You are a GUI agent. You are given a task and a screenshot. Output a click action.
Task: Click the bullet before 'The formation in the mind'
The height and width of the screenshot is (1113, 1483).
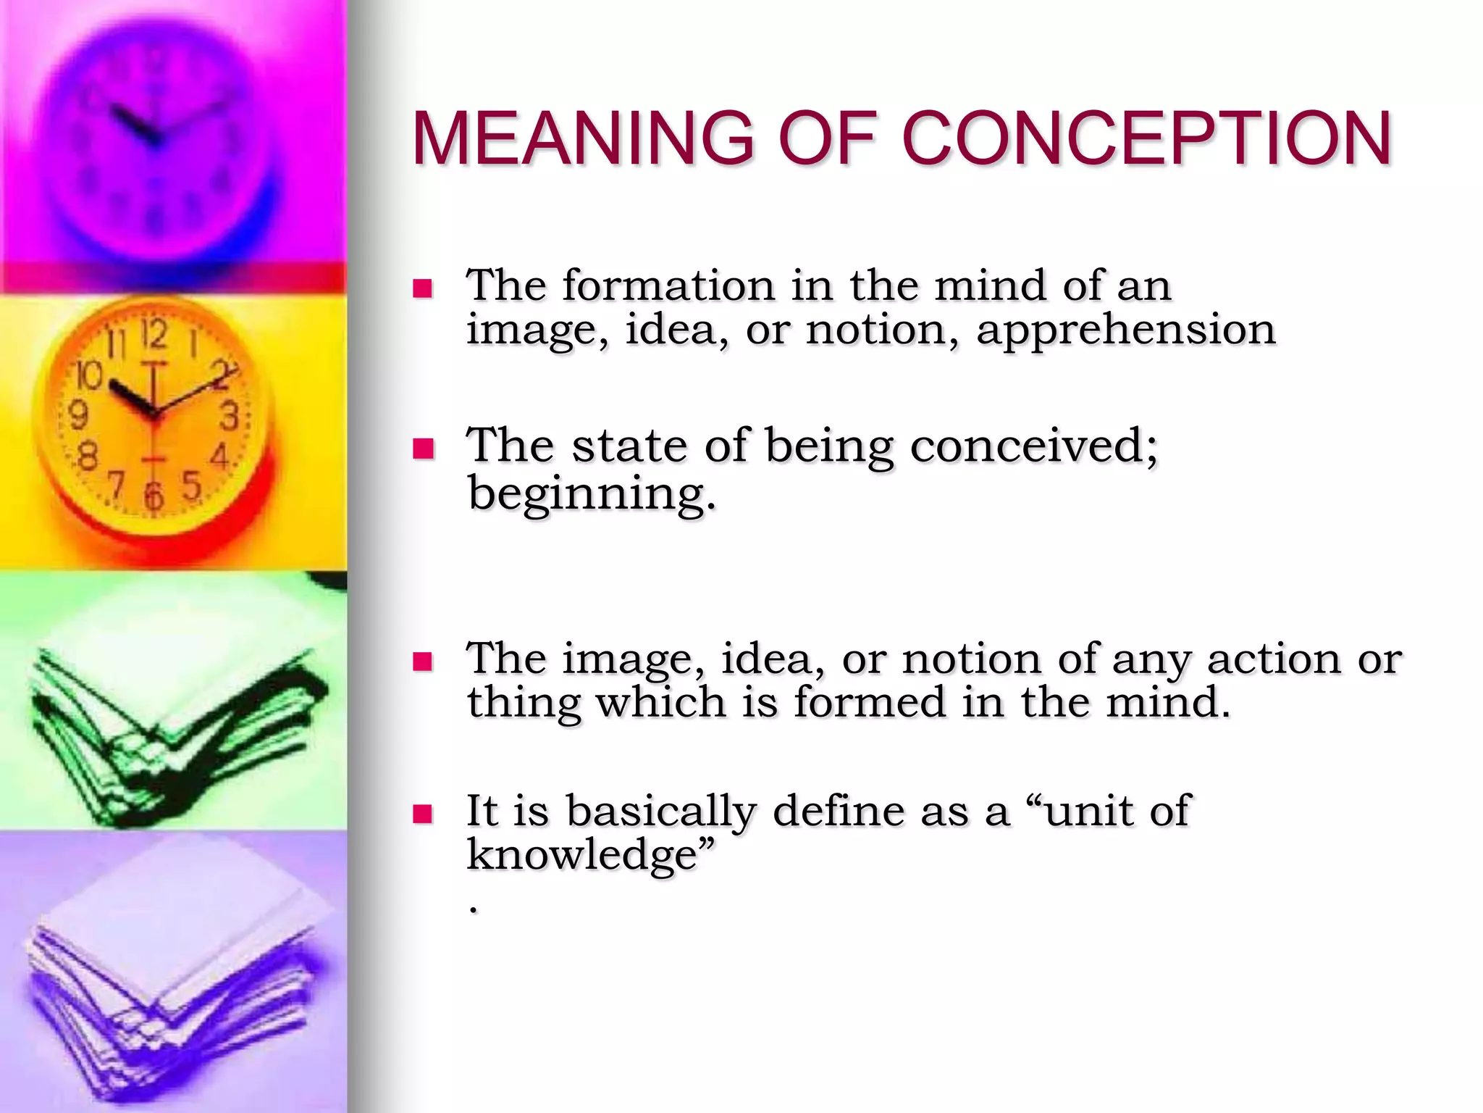point(422,289)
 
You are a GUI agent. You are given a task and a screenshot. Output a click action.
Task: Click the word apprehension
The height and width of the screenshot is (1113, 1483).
point(1125,331)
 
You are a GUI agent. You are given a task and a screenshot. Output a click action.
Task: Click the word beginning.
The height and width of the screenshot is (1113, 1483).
point(592,494)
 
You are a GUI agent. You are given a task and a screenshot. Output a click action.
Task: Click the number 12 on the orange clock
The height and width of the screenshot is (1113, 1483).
point(154,334)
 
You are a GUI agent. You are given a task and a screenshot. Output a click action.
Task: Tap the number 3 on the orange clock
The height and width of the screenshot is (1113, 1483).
point(229,417)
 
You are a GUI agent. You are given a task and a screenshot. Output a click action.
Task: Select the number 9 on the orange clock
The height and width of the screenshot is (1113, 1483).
point(78,416)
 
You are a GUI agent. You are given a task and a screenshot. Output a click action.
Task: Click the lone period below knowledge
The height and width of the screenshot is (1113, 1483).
point(474,909)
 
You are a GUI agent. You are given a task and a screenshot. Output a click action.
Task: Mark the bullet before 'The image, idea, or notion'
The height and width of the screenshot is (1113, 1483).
point(422,662)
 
